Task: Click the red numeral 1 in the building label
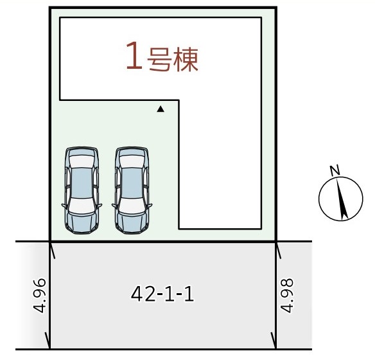click(134, 55)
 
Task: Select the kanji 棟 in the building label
click(186, 60)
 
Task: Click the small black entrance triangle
click(161, 109)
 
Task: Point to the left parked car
click(82, 190)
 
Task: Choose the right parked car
click(132, 190)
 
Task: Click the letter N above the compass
click(335, 170)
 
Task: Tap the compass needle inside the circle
click(342, 199)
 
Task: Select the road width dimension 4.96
click(39, 295)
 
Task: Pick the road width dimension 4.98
click(287, 295)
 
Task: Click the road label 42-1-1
click(162, 294)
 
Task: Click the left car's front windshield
click(82, 205)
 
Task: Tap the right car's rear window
click(132, 161)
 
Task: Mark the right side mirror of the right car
click(150, 205)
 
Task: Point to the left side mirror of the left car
click(64, 205)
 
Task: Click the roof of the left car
click(82, 183)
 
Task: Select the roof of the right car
click(132, 183)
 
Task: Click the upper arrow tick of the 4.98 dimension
click(279, 250)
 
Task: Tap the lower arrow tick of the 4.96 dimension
click(48, 340)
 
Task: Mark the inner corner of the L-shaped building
click(179, 100)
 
